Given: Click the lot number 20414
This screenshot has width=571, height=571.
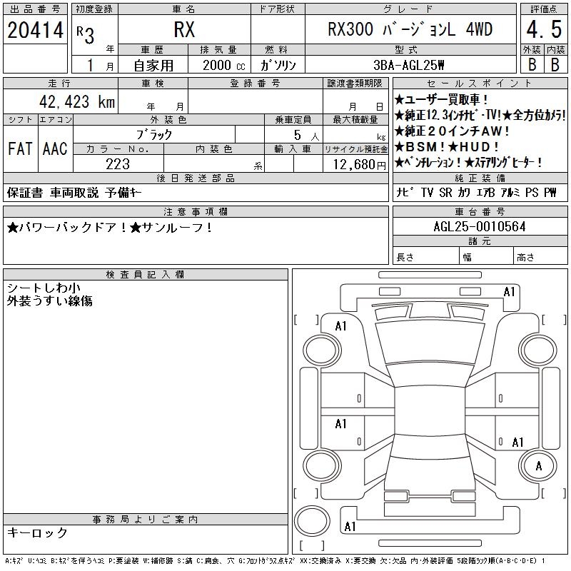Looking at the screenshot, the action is click(35, 30).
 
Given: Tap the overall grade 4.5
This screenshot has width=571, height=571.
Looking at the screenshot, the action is click(544, 29).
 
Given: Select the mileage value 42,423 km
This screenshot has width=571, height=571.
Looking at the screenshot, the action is click(77, 102).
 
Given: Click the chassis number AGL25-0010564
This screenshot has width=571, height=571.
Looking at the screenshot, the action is click(480, 227).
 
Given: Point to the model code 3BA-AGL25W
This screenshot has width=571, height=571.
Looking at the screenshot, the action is click(408, 65).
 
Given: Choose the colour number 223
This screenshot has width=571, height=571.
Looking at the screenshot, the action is click(118, 164).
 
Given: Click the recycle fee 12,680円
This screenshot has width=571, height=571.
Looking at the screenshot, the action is click(360, 165).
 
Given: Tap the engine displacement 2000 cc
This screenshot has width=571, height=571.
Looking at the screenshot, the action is click(223, 66).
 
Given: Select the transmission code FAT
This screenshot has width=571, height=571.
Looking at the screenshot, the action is click(20, 148).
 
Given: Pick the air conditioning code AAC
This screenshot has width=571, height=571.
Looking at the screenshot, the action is click(55, 148).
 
